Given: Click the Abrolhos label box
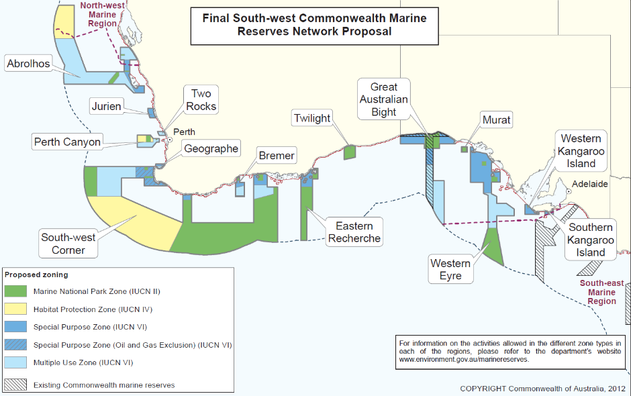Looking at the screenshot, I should coord(28,64).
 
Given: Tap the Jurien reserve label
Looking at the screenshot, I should coord(107,106).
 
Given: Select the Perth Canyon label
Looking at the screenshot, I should coord(67,142).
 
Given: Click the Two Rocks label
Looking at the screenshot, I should coord(201,100).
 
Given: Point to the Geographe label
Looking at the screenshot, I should coord(211,149).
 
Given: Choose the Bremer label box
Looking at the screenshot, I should coord(277,156).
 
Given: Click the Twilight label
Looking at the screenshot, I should coord(312,119).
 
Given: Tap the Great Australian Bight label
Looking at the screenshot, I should coord(384,99).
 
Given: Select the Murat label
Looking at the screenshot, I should coord(496,121).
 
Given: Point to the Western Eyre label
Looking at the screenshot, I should coord(450,269).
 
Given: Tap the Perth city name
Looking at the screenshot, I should coord(184,132).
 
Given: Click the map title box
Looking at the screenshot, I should coord(315,26).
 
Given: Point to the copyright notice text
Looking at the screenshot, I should coord(542,389).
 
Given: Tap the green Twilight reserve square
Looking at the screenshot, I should coord(349,152).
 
